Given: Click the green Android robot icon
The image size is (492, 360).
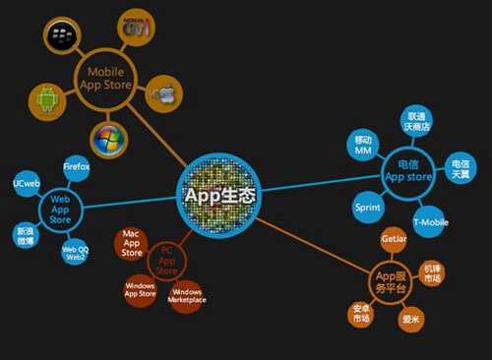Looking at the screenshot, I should (x=45, y=98).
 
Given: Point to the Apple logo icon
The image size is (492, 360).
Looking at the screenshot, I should (x=163, y=96).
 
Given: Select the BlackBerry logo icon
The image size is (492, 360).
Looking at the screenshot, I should (x=63, y=36).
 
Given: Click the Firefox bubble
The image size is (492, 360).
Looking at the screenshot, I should (x=77, y=167).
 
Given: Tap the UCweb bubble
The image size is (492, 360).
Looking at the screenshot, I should (x=26, y=184).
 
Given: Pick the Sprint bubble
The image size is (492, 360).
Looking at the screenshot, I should (x=367, y=209).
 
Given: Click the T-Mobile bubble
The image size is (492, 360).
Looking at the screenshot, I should (x=430, y=222).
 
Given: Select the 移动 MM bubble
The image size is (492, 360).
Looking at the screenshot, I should (x=364, y=144).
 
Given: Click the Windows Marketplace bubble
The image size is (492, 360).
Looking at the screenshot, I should (x=187, y=294).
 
